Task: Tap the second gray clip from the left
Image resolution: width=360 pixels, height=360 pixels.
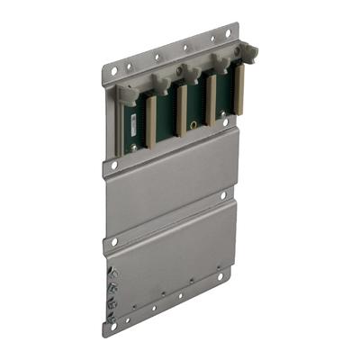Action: click(x=162, y=83)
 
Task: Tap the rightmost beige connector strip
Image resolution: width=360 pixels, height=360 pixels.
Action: click(x=239, y=90)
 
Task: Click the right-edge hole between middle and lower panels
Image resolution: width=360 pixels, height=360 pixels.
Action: click(x=222, y=195)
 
